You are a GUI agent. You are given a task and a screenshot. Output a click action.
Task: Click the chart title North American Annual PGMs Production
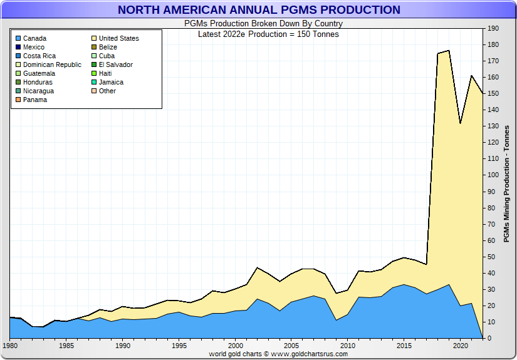pyautogui.click(x=259, y=10)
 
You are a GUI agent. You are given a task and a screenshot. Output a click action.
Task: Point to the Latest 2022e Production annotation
pyautogui.click(x=268, y=34)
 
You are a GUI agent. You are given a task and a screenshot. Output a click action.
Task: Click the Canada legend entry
pyautogui.click(x=34, y=38)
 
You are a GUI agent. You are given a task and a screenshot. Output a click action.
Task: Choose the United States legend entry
pyautogui.click(x=118, y=38)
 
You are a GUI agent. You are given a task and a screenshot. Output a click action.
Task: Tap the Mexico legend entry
pyautogui.click(x=33, y=47)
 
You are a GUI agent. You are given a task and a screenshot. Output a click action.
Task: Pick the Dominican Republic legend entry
pyautogui.click(x=52, y=64)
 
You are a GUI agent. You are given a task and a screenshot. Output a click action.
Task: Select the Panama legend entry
pyautogui.click(x=34, y=100)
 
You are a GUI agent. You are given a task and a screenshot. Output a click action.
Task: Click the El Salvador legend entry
pyautogui.click(x=115, y=64)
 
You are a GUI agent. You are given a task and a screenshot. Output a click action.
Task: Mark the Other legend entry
pyautogui.click(x=107, y=91)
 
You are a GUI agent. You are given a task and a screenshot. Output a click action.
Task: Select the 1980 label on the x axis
pyautogui.click(x=10, y=346)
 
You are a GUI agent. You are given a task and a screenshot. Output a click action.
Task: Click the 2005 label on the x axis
pyautogui.click(x=291, y=346)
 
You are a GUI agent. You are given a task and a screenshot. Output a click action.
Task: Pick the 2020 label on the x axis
pyautogui.click(x=461, y=346)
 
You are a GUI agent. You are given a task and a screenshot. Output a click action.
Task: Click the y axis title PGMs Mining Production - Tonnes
pyautogui.click(x=506, y=183)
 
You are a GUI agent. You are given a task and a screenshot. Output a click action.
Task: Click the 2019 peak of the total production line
pyautogui.click(x=449, y=51)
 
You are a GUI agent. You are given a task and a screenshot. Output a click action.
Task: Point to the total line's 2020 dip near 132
pyautogui.click(x=460, y=123)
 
